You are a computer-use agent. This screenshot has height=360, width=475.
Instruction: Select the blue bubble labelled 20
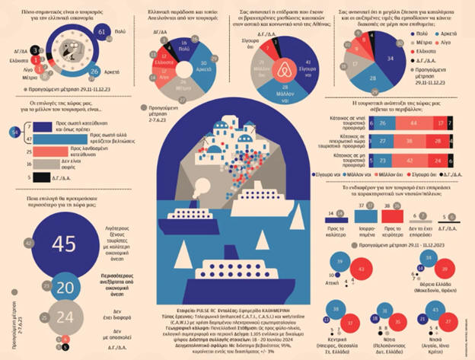(x=63, y=285)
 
